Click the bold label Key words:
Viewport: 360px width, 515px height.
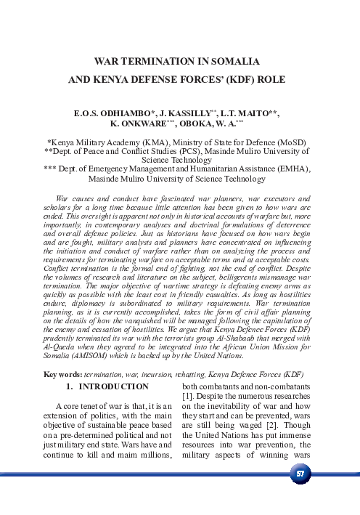pos(63,374)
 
